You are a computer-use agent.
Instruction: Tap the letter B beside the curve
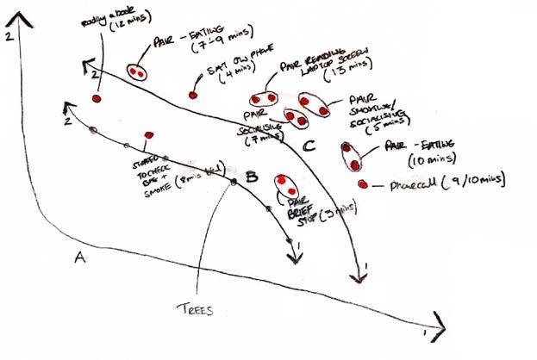tap(252, 177)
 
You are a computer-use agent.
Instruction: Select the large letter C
tap(309, 146)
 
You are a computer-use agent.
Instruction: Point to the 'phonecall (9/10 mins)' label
tap(443, 181)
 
